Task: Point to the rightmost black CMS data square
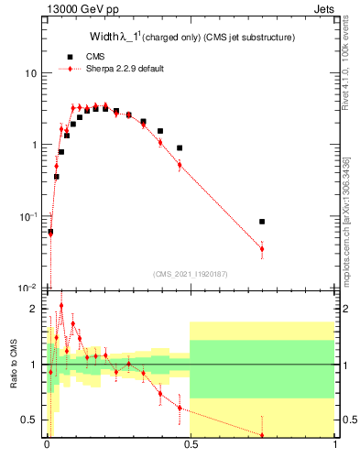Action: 262,222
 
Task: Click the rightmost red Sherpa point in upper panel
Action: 262,249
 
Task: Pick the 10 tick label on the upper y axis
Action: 31,73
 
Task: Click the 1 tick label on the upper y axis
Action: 34,145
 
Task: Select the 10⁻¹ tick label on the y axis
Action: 29,216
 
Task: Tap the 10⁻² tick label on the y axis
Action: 29,288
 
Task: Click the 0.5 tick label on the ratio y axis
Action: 31,420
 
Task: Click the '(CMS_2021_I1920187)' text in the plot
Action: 190,274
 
